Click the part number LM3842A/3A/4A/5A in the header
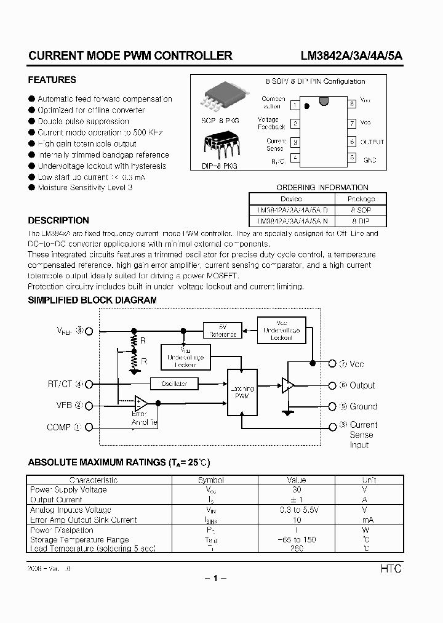[351, 56]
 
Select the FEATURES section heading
[52, 80]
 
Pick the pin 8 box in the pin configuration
[351, 104]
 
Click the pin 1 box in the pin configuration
[295, 104]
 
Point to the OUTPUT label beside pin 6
[372, 142]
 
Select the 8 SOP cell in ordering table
[361, 210]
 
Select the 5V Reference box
[223, 331]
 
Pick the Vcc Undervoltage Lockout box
[281, 331]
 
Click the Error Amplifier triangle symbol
[141, 403]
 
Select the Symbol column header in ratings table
[210, 480]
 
